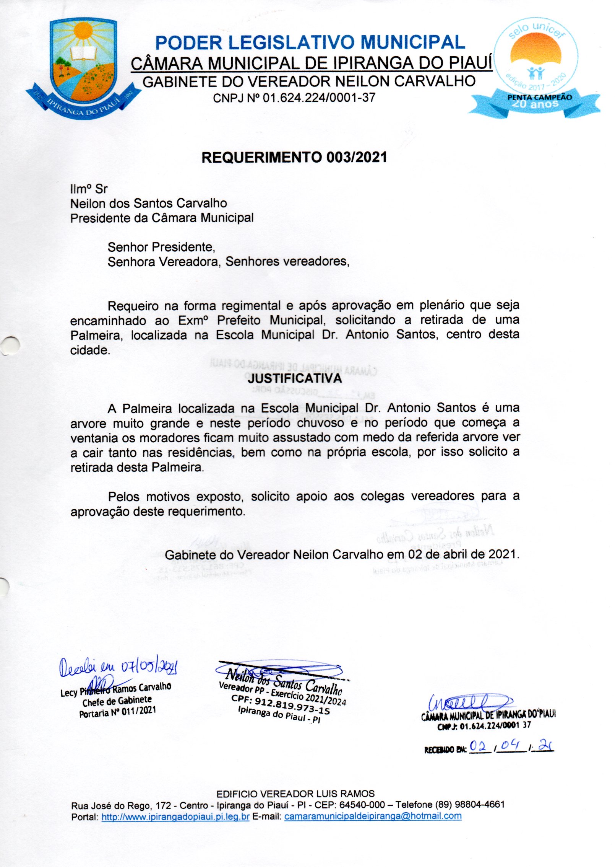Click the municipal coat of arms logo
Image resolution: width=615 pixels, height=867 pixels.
click(83, 68)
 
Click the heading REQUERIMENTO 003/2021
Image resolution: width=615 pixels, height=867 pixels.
click(294, 157)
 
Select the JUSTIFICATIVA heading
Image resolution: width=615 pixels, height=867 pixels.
click(294, 378)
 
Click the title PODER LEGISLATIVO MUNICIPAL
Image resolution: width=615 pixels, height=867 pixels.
click(310, 42)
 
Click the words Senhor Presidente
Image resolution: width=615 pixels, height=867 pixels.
click(161, 247)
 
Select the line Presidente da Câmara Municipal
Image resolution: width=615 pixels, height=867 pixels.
click(162, 218)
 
